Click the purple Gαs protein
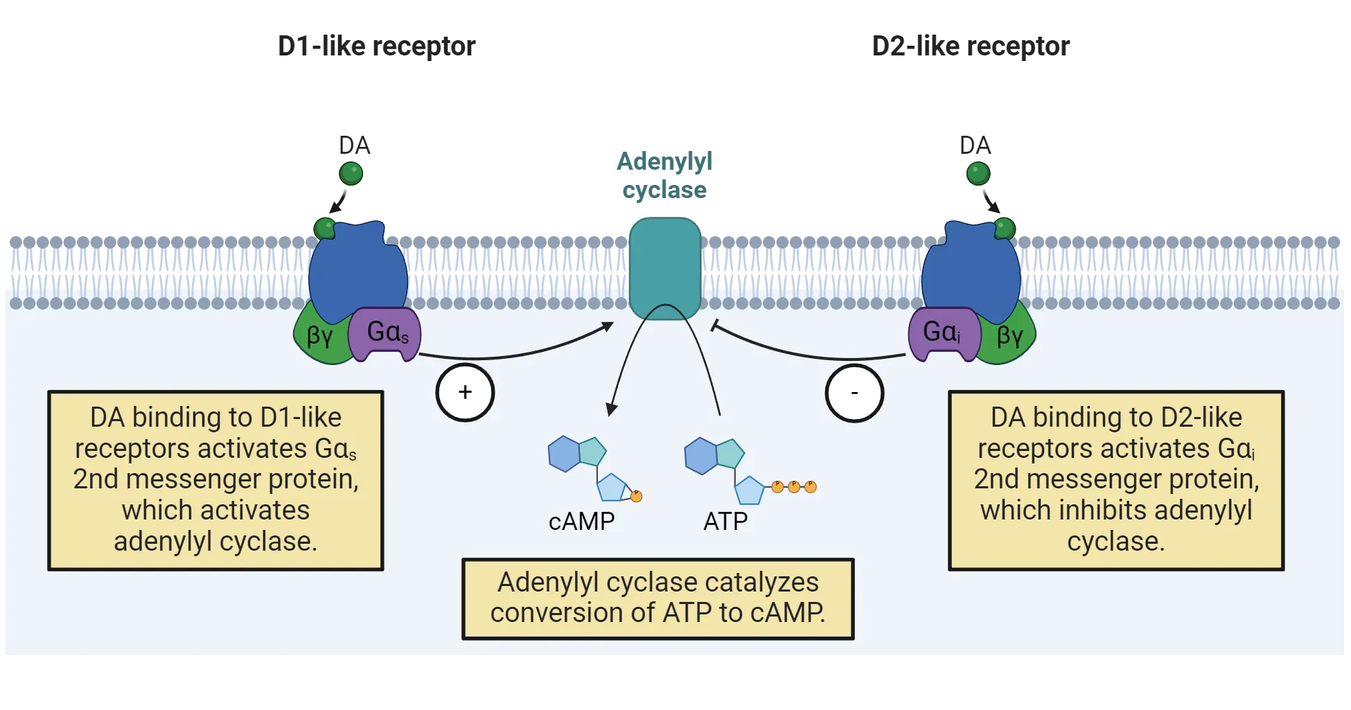coord(385,334)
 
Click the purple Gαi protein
coord(942,334)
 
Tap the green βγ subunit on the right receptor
coord(1009,337)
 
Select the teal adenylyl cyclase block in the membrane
coord(665,267)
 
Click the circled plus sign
coord(465,393)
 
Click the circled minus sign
coord(854,393)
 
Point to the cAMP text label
coord(581,521)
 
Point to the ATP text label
coord(725,521)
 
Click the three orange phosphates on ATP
coord(794,486)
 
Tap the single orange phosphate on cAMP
coord(636,496)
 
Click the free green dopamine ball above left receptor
coord(351,172)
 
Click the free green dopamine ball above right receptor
coord(978,172)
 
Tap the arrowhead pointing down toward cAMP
coord(610,409)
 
